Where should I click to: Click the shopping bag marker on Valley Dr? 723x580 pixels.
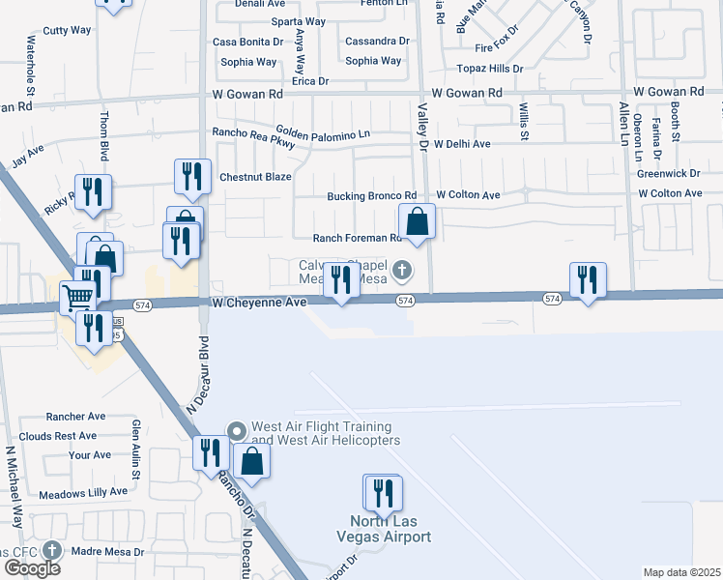click(x=417, y=222)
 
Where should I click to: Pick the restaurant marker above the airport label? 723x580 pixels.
click(x=383, y=493)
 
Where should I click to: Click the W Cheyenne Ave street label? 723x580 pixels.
click(x=258, y=303)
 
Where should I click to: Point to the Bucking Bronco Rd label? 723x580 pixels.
click(x=371, y=196)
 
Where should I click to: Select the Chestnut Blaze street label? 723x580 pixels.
click(x=255, y=177)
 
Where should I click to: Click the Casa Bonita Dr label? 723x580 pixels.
click(x=248, y=42)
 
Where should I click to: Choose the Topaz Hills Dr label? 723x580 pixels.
click(x=490, y=70)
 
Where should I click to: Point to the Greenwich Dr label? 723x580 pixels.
click(x=668, y=174)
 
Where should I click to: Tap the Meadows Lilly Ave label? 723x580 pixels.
click(x=85, y=491)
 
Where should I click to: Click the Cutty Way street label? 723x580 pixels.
click(x=67, y=30)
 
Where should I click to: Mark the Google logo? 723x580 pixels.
click(x=31, y=568)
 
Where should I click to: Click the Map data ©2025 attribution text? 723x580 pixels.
click(x=681, y=572)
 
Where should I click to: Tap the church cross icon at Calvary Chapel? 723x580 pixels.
click(x=403, y=270)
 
